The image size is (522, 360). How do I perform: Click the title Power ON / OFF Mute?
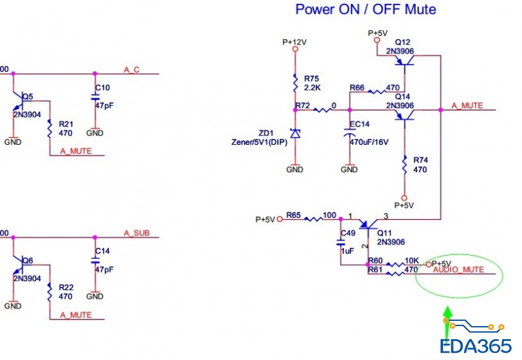365,10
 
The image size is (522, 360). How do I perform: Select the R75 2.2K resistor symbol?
296,83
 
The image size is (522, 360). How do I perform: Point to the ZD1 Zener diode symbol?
296,134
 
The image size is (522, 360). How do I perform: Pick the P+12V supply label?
294,41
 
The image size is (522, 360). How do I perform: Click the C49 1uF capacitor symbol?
341,242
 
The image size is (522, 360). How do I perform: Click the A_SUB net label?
134,233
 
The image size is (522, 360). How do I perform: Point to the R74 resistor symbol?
405,165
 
